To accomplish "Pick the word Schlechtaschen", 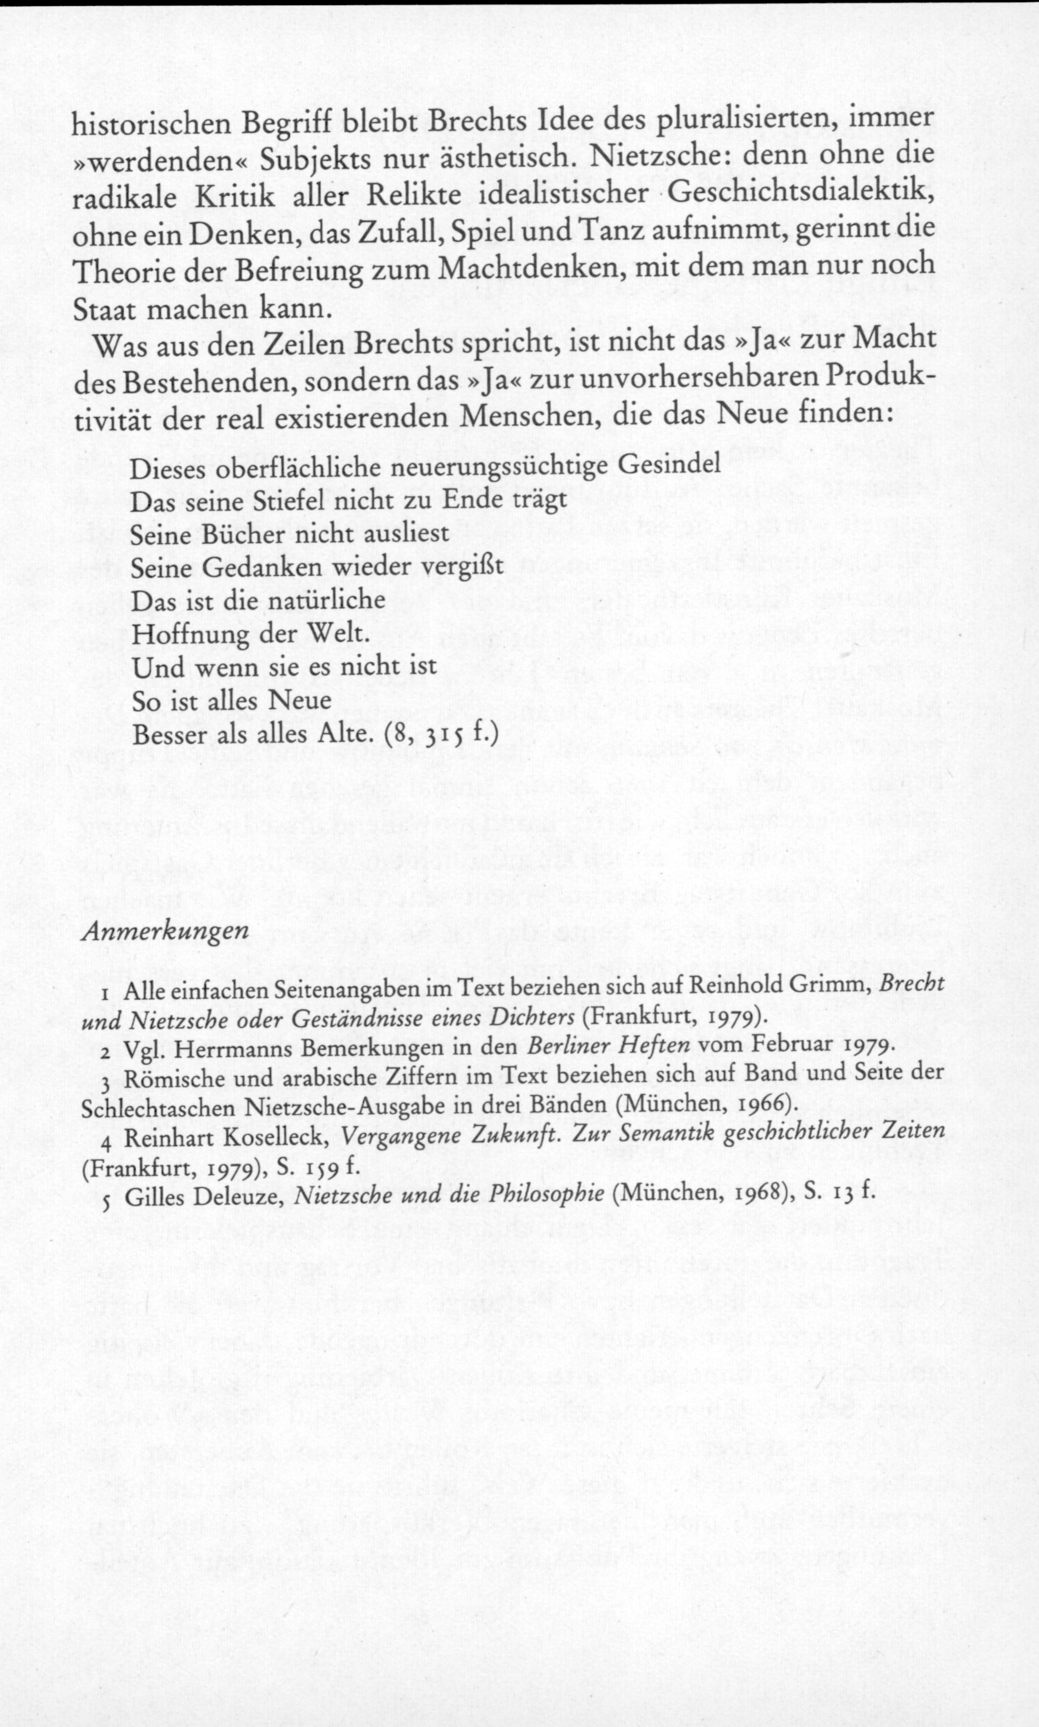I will pyautogui.click(x=160, y=1108).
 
